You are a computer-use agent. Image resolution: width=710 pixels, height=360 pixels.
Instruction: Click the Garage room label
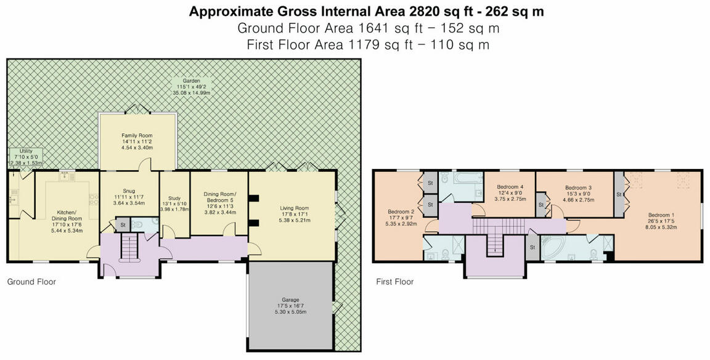tap(291, 300)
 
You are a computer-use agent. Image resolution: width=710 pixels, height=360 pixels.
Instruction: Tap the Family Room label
tap(137, 136)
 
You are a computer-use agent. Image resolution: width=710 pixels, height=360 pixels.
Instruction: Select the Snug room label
tap(129, 191)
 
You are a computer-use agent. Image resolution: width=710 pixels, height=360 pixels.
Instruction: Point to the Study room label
tap(174, 198)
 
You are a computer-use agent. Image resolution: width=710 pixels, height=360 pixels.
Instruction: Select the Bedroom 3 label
tap(578, 187)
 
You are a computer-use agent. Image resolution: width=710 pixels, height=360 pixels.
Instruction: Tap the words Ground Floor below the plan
tap(31, 282)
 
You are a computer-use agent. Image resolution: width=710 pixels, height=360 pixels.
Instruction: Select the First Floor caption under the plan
tap(395, 282)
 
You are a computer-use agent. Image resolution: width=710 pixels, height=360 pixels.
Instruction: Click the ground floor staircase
tap(128, 248)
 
